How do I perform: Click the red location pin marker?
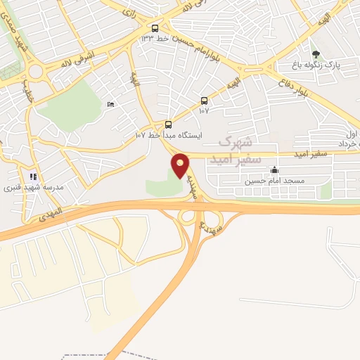(181, 166)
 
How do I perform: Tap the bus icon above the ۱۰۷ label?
(204, 101)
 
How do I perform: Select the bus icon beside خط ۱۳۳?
(154, 28)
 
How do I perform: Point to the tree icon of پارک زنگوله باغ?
(315, 53)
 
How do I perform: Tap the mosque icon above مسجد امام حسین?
(274, 170)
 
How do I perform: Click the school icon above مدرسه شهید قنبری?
(32, 176)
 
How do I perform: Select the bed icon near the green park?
(110, 105)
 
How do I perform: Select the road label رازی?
(129, 10)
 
